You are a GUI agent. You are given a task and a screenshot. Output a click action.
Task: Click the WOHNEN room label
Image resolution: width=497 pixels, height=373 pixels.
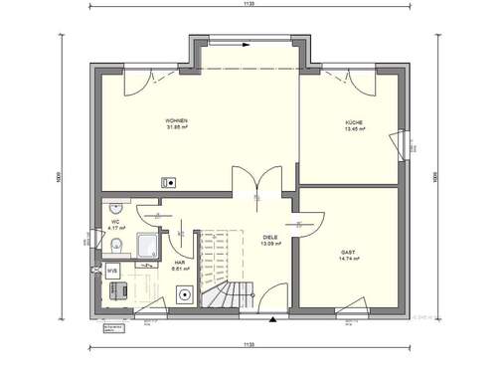[x=177, y=120]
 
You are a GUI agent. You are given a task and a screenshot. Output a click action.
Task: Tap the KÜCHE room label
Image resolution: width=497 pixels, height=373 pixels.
[x=354, y=121]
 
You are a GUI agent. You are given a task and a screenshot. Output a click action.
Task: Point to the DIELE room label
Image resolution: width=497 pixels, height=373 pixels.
[x=269, y=236]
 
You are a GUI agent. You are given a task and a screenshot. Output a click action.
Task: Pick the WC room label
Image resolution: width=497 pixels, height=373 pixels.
[x=115, y=222]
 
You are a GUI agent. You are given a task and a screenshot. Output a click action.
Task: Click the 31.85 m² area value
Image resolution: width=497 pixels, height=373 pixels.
[x=177, y=127]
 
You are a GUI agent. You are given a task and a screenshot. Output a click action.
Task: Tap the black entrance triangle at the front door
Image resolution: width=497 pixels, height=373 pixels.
[x=271, y=320]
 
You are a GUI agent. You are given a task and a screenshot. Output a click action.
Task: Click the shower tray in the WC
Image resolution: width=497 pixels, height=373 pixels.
[x=146, y=244]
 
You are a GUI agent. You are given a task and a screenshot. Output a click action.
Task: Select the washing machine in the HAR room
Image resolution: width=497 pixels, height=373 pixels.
[x=184, y=295]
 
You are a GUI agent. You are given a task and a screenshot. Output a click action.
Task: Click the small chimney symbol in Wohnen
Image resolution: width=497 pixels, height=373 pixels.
[x=169, y=182]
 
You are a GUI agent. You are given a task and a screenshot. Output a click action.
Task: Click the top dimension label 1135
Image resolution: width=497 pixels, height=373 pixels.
[x=247, y=6]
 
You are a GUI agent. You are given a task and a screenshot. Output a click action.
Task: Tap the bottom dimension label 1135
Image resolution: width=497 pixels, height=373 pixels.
[x=247, y=345]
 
